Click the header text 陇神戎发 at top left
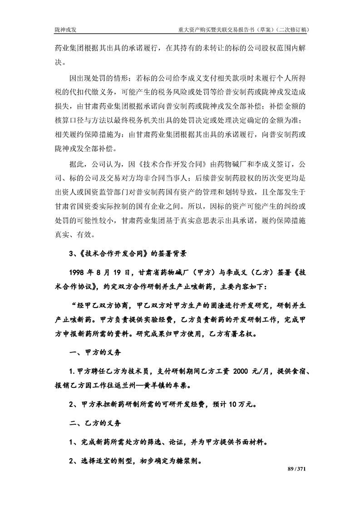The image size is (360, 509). [64, 30]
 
